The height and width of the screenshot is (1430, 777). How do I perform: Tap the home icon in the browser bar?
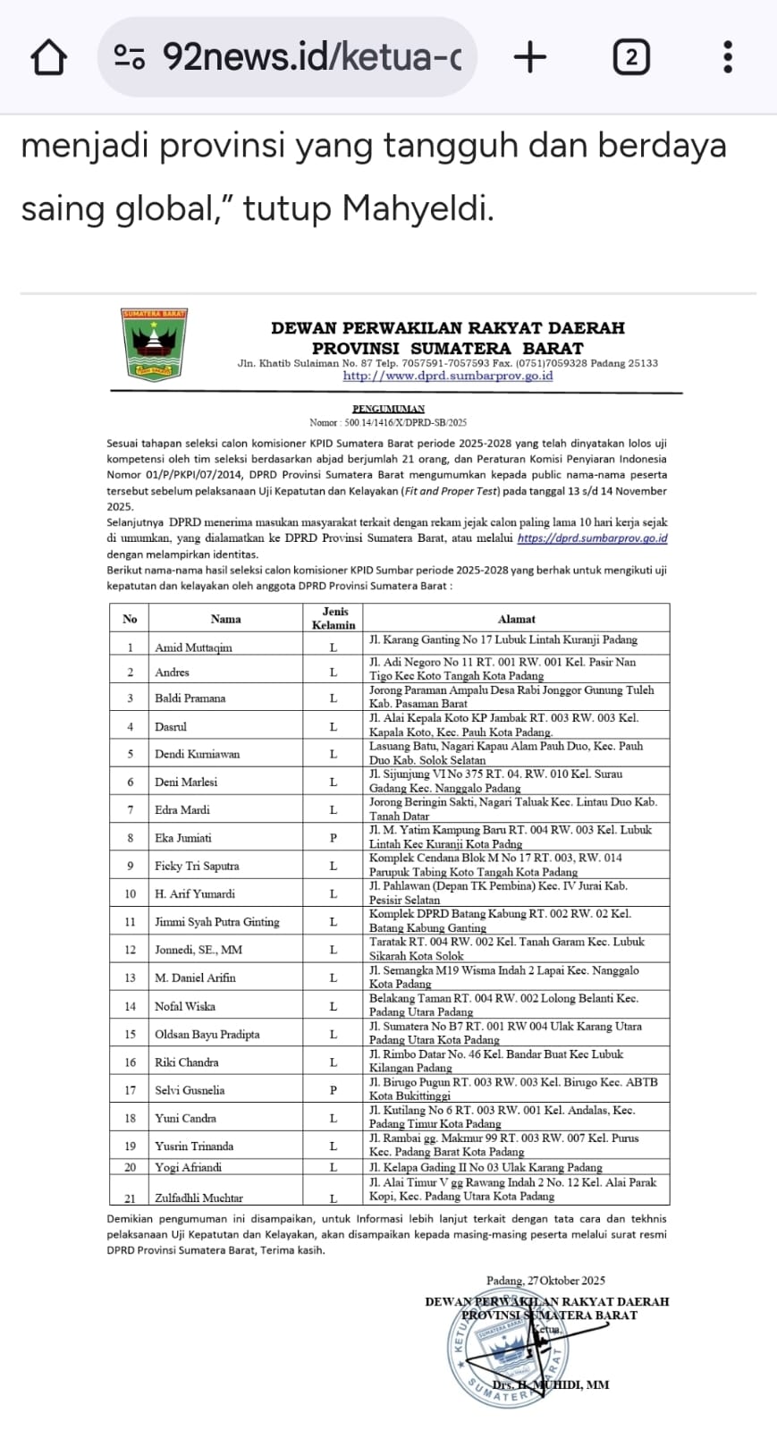point(48,58)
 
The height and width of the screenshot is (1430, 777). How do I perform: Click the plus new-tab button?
point(530,58)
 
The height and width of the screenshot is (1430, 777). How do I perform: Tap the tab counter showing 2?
point(631,58)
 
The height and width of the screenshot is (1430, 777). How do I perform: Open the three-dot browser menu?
point(728,58)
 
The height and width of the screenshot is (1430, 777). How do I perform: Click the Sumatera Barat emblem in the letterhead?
point(154,344)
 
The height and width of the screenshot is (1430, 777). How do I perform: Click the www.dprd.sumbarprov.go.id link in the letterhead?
point(447,377)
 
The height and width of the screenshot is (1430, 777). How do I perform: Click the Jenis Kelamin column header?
point(334,618)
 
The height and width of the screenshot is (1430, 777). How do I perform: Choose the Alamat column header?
point(516,619)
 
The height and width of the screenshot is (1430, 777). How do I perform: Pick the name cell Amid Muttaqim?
point(193,647)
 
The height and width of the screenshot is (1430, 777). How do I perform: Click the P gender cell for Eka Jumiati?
point(334,838)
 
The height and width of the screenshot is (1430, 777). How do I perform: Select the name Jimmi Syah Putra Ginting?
point(217,922)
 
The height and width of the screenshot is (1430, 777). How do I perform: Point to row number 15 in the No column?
point(131,1035)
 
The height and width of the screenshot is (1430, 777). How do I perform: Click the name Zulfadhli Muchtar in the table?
point(198,1197)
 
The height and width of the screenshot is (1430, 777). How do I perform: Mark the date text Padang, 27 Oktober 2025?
point(545,1281)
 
